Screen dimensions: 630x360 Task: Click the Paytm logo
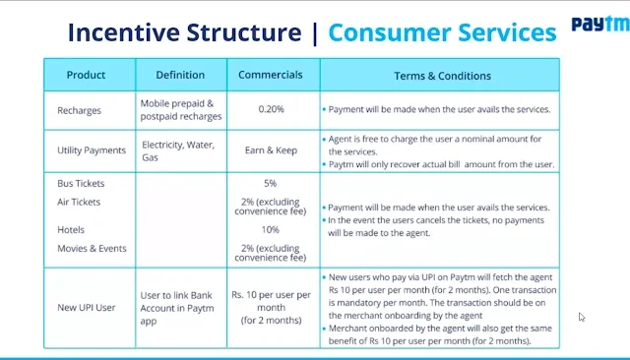tap(600, 25)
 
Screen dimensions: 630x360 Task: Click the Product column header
tap(86, 75)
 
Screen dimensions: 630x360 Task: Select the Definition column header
tap(180, 75)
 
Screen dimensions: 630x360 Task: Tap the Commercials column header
tap(271, 75)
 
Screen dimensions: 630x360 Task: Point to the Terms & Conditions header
tap(442, 76)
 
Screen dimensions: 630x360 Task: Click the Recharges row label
tap(79, 111)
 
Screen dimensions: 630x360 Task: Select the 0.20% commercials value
tap(272, 109)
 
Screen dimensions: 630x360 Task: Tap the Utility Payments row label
tap(92, 150)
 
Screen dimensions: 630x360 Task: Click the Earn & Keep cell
tap(272, 150)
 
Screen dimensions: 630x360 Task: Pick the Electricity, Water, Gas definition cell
tap(178, 150)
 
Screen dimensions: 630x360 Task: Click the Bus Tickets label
tap(81, 183)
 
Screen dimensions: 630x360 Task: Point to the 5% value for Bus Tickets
tap(271, 183)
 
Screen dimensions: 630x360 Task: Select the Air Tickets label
tap(79, 202)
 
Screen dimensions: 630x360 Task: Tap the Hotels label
tap(71, 230)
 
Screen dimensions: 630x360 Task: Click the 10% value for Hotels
tap(271, 230)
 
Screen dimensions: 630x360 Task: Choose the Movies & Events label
tap(92, 249)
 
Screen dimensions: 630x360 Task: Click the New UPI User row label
tap(86, 308)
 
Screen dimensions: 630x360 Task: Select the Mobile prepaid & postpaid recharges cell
tap(181, 110)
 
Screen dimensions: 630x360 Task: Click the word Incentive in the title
tap(124, 32)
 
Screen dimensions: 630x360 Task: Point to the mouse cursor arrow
tap(582, 317)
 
